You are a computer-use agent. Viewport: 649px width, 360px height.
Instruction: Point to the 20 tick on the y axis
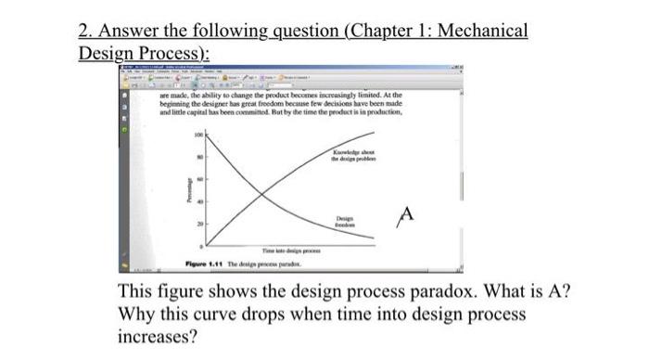[x=197, y=224]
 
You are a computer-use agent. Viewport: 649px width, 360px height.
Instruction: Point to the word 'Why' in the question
[x=138, y=313]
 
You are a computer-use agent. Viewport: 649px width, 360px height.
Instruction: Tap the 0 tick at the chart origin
[x=199, y=246]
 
